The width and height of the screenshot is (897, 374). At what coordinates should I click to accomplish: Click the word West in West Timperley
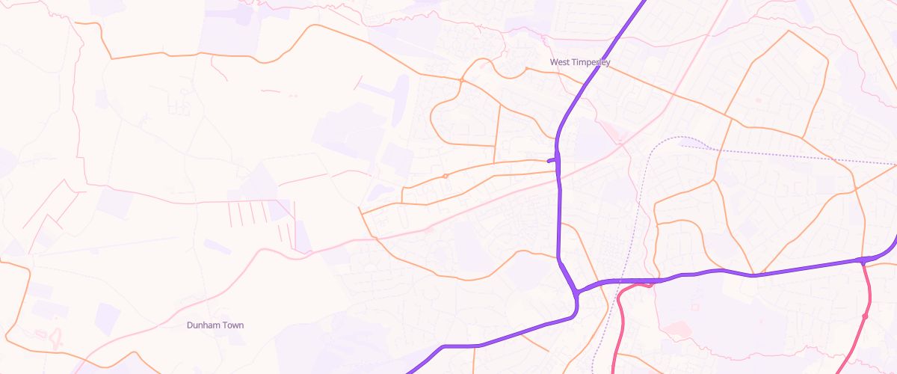561,62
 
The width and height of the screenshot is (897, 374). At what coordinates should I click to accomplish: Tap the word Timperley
591,62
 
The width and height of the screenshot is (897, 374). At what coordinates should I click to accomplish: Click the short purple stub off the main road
552,159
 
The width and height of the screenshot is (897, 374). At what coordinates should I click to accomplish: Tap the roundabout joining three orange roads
462,80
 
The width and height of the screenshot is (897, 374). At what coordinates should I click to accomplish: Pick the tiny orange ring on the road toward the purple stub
446,176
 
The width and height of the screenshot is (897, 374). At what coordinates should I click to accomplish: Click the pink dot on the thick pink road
865,316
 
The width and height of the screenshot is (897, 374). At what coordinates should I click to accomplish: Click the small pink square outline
694,306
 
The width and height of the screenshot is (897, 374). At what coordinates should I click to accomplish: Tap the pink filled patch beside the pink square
676,328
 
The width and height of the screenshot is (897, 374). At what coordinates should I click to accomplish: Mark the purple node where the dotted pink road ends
863,261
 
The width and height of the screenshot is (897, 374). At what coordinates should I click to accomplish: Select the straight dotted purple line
785,155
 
